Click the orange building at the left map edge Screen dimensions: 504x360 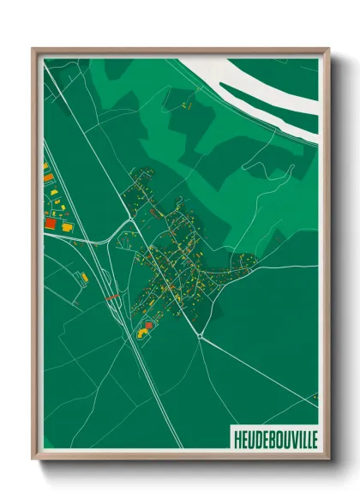point(45,177)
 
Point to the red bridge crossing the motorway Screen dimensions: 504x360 point(112,297)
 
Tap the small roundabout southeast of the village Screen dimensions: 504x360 point(200,336)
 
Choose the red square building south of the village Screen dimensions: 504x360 point(147,325)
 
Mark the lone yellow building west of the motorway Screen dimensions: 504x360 point(84,277)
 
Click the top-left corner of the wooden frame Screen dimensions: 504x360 point(33,49)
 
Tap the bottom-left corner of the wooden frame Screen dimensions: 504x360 point(33,459)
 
